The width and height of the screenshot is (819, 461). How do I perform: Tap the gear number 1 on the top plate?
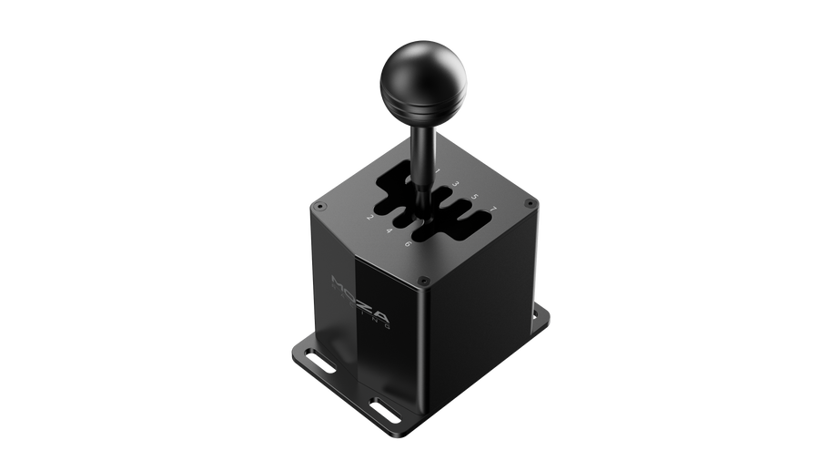pyautogui.click(x=437, y=171)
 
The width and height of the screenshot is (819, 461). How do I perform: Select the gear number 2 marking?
pyautogui.click(x=369, y=218)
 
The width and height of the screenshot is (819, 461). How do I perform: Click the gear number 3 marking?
pyautogui.click(x=455, y=184)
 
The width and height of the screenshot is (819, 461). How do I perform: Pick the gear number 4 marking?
pyautogui.click(x=389, y=230)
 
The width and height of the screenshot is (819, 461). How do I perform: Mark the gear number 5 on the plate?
pyautogui.click(x=474, y=197)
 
